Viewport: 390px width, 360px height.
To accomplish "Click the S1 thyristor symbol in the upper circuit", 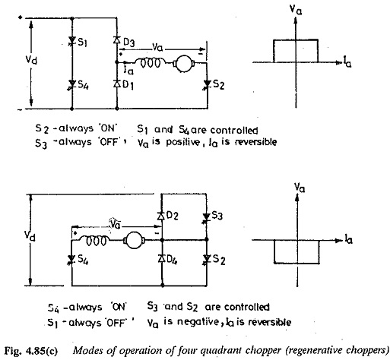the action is click(72, 41).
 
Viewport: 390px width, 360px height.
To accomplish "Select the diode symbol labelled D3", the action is click(117, 40).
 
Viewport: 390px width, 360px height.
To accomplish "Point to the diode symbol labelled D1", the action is click(117, 84).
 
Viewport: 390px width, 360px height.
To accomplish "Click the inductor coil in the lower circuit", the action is click(94, 240).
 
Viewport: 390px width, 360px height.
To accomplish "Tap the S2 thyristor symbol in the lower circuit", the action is click(207, 259).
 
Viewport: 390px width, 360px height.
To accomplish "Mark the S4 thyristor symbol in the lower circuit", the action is click(71, 259).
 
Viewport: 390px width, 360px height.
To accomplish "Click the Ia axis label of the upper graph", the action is click(347, 62).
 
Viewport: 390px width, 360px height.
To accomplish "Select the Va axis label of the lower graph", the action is click(300, 188).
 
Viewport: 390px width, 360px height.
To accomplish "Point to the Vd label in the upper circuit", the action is click(31, 60).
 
